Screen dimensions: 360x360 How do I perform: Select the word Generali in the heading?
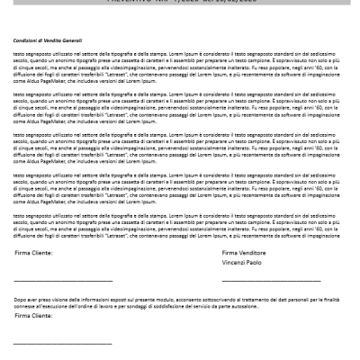click(x=69, y=40)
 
